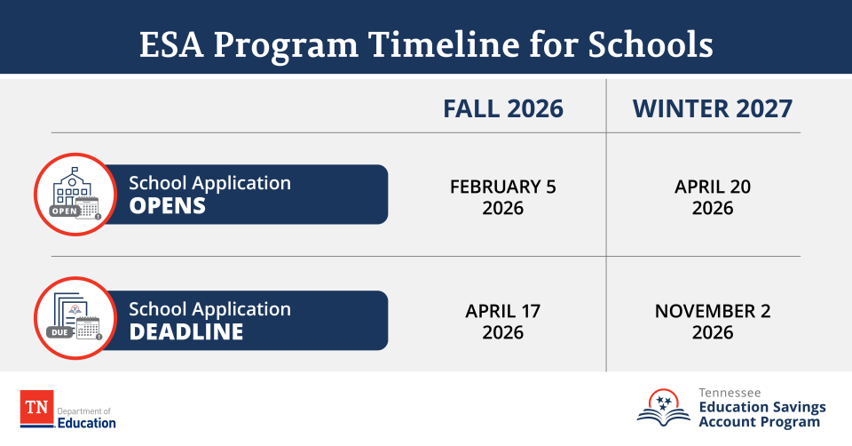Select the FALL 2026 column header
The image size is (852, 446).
(503, 108)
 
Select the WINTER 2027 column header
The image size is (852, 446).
(713, 108)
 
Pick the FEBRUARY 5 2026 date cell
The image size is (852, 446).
(503, 197)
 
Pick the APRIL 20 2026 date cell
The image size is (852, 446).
(713, 197)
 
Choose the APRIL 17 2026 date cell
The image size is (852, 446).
(503, 322)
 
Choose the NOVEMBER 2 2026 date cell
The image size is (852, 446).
(713, 322)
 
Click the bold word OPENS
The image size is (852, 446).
(168, 206)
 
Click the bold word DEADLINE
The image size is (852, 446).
(186, 331)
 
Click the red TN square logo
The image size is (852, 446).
(36, 409)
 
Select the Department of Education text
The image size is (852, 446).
(86, 418)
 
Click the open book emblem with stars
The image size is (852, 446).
(663, 407)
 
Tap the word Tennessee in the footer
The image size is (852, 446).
(729, 392)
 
